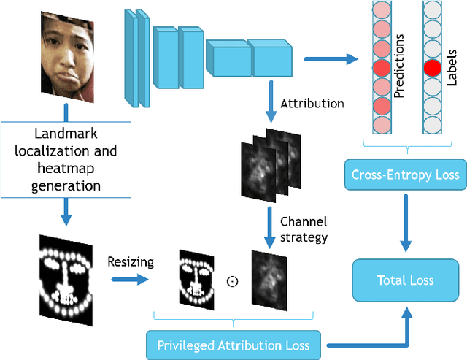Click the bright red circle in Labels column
(433, 69)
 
